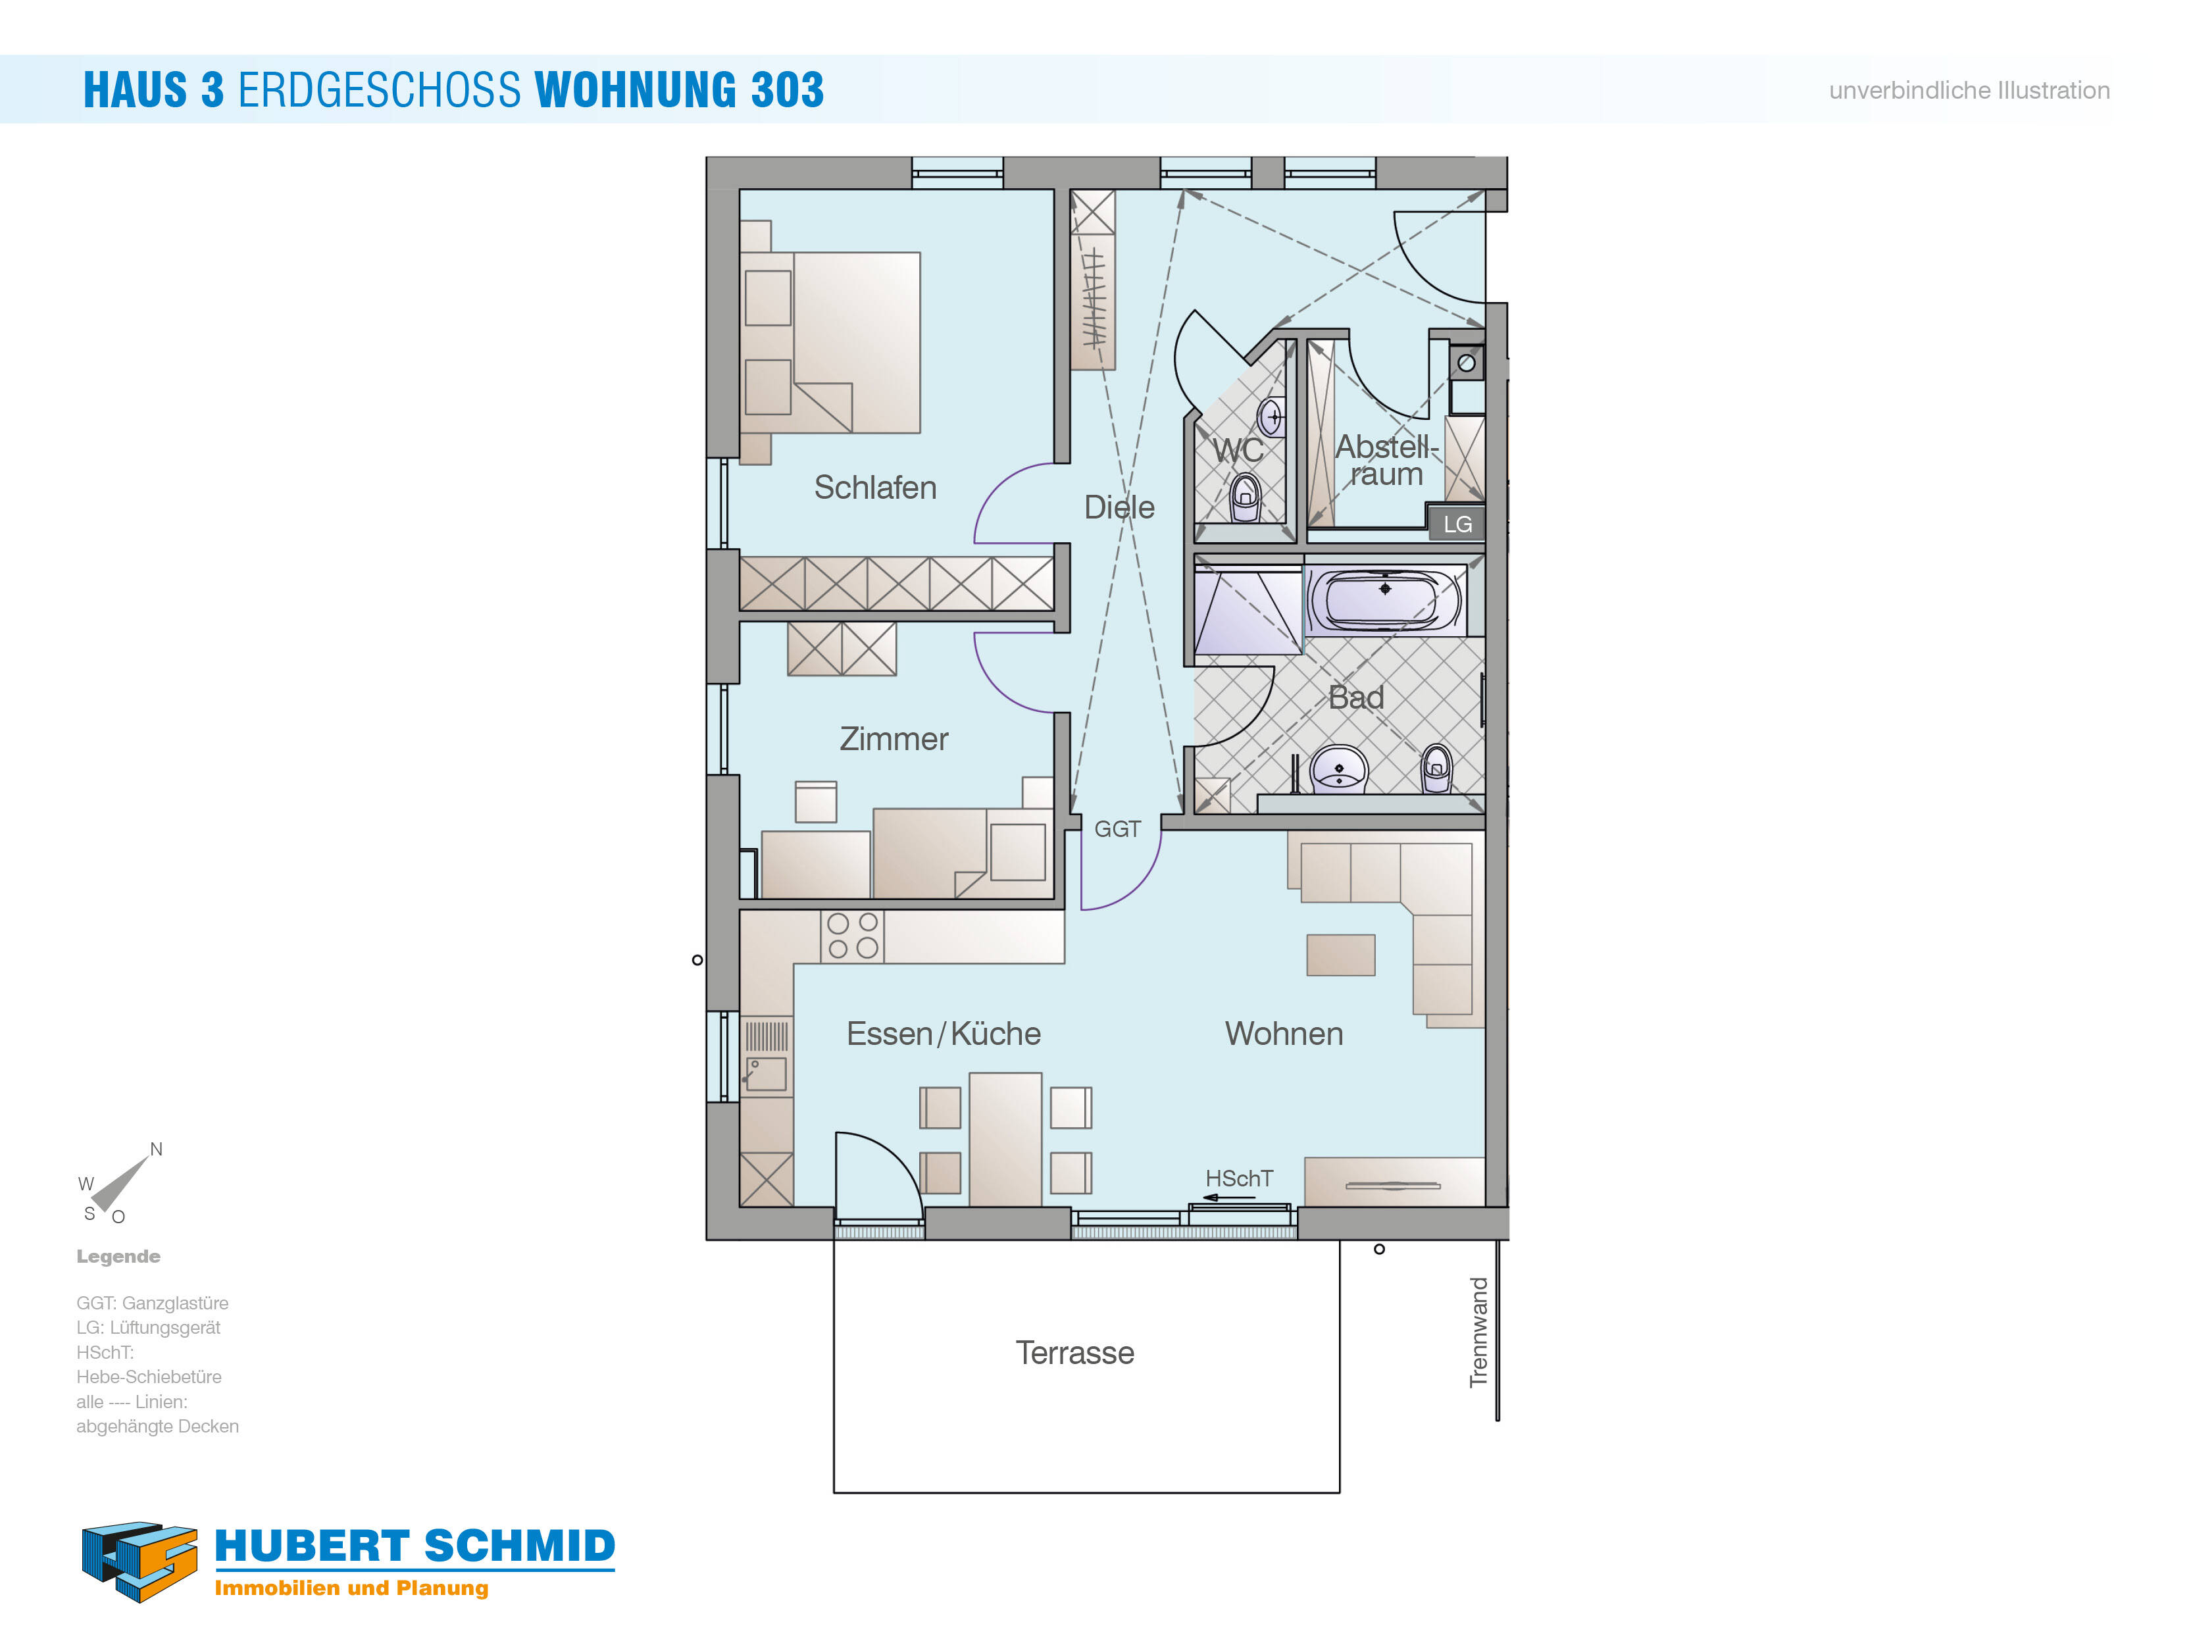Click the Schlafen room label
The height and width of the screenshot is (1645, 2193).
point(875,488)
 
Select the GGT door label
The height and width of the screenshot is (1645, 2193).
point(1117,829)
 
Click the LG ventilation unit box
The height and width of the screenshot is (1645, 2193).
point(1455,524)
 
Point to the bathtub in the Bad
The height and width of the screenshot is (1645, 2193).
point(1386,599)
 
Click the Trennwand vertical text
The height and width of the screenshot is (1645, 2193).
point(1478,1332)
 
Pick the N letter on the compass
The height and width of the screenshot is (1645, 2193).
point(156,1150)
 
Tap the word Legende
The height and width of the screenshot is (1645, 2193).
point(118,1256)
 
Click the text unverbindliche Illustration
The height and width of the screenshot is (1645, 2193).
point(1969,90)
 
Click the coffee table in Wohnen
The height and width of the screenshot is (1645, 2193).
point(1340,955)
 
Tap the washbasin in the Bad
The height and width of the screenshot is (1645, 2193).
point(1340,769)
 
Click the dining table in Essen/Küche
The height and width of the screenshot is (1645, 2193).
point(1005,1139)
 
